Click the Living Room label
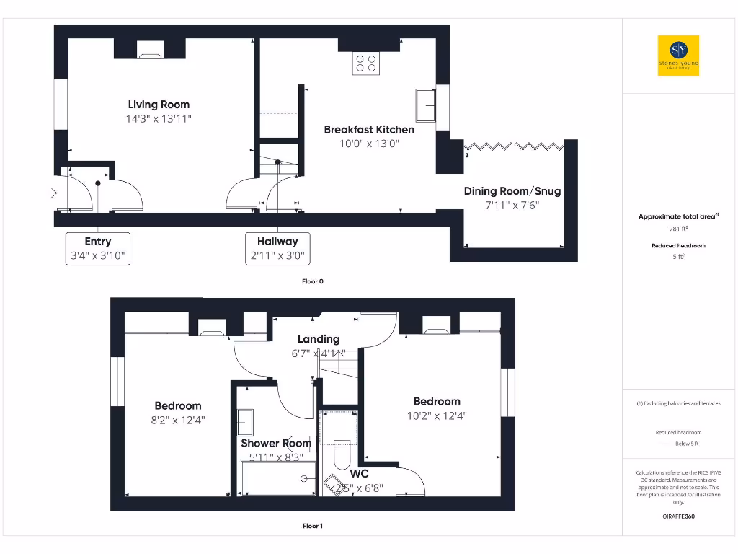[159, 105]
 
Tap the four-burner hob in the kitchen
[366, 64]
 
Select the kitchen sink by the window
[424, 106]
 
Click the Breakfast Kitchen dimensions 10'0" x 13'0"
[369, 144]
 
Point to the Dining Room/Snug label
[512, 191]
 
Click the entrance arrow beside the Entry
[52, 193]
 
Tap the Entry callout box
[98, 248]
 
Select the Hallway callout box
[277, 248]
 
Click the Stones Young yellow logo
[678, 56]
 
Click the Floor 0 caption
[312, 281]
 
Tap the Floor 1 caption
[312, 526]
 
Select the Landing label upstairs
[319, 339]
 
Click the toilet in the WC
[342, 452]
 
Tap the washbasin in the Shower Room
[245, 421]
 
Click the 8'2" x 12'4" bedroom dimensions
[178, 419]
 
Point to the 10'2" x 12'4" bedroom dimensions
[436, 415]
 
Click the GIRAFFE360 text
[678, 516]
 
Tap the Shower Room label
[276, 443]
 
